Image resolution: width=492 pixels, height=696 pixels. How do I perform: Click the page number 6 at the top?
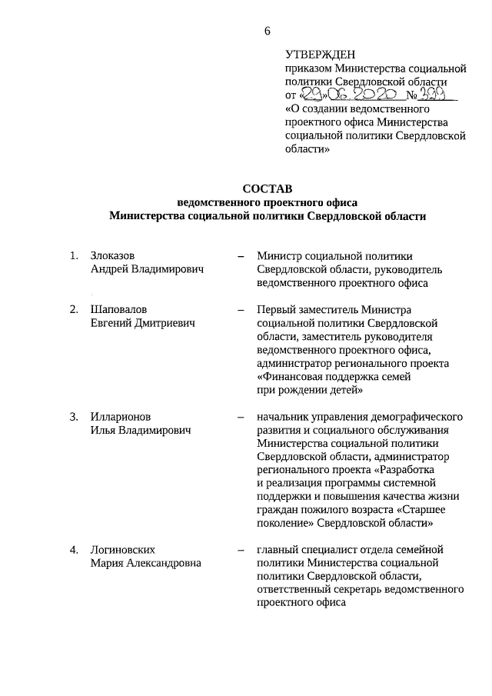tap(267, 30)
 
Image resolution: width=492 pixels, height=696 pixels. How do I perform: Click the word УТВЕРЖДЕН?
tap(320, 55)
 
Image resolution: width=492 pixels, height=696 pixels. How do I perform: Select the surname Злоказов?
tap(115, 255)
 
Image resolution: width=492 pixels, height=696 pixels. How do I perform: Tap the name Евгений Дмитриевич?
tap(143, 322)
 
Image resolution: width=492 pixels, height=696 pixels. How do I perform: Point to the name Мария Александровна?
tap(146, 563)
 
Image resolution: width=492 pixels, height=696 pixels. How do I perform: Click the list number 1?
tap(74, 255)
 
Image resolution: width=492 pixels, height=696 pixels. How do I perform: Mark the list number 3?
tap(74, 417)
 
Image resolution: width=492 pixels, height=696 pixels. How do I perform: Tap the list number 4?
tap(74, 550)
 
